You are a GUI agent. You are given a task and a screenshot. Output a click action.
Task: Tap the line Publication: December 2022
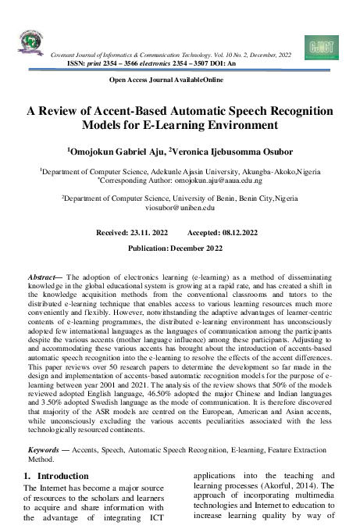180,248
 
